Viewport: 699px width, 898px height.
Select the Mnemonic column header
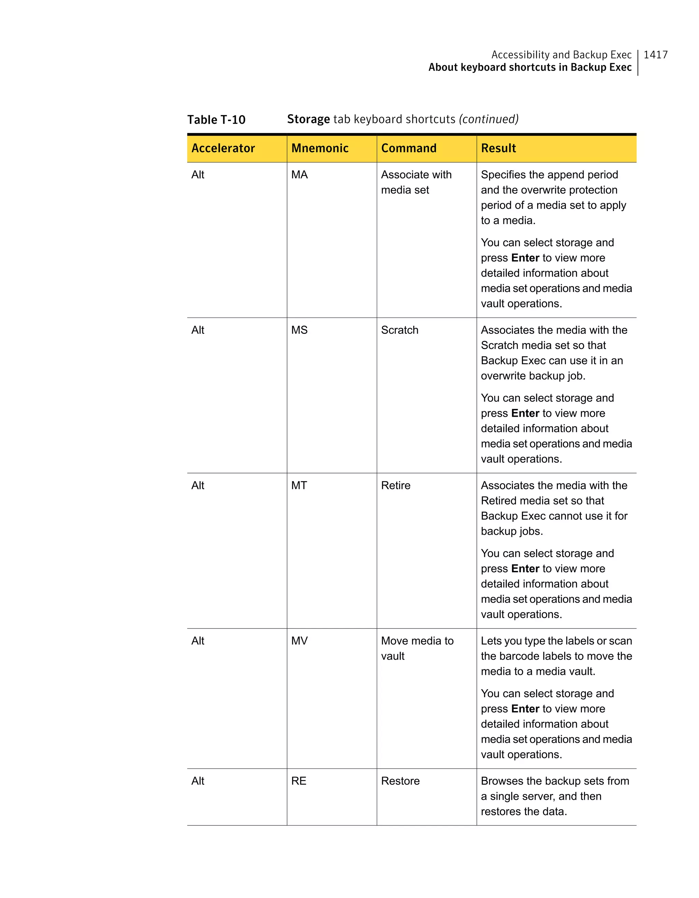point(320,148)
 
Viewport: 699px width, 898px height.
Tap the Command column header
point(409,148)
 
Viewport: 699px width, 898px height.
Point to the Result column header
point(498,148)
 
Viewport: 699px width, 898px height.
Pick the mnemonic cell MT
point(299,486)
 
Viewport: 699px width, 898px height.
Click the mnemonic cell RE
point(299,781)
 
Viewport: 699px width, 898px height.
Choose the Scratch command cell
point(399,330)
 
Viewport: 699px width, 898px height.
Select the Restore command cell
point(400,781)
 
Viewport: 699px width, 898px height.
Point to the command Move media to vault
point(417,648)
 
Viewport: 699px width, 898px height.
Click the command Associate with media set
point(416,182)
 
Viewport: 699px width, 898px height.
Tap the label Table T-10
point(216,120)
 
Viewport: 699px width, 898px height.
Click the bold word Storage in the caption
point(308,119)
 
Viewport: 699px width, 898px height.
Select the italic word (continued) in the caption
point(488,119)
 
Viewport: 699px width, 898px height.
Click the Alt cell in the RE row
point(198,781)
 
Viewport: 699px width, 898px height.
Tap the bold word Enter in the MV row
point(525,709)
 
